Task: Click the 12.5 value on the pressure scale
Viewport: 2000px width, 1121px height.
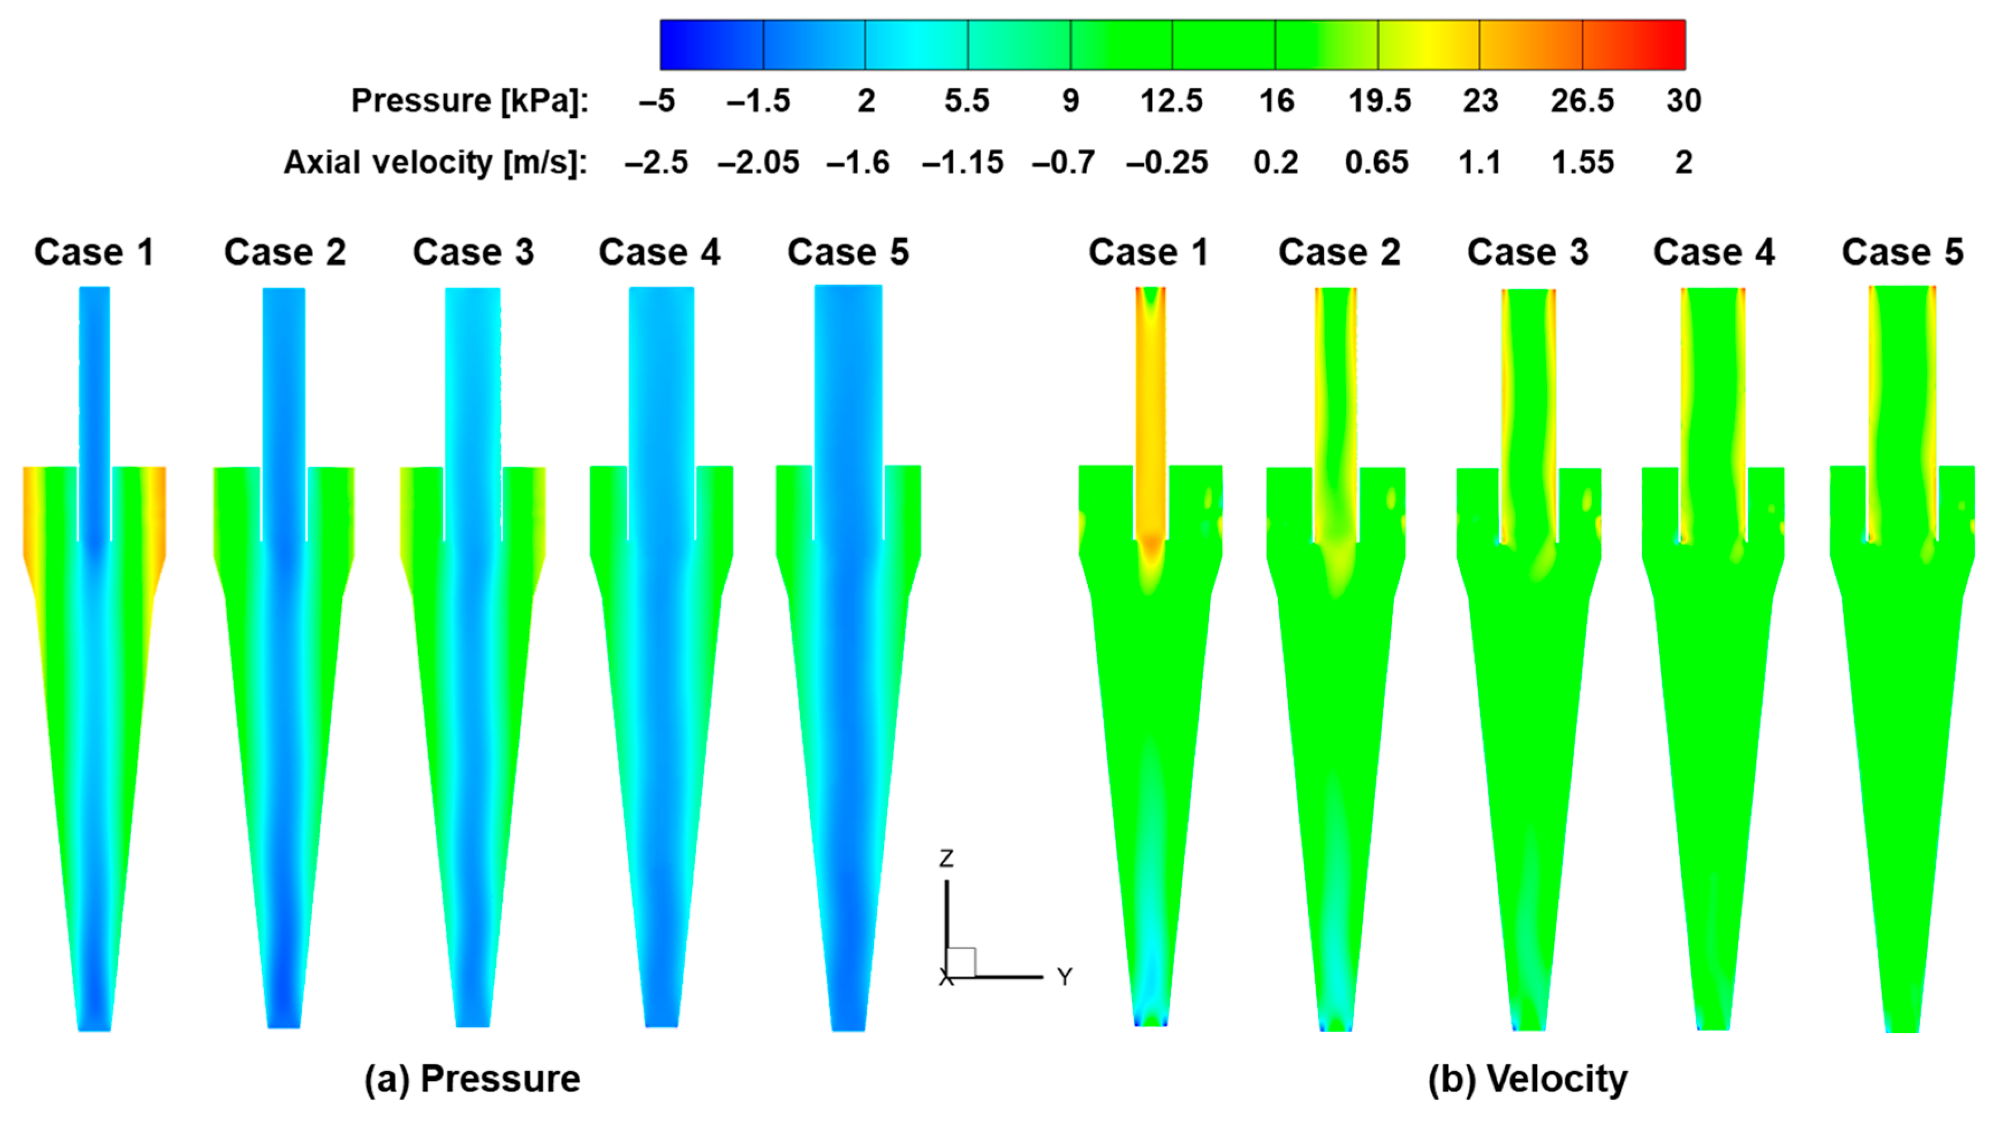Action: (x=1171, y=101)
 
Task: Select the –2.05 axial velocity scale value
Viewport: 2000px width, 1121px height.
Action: (x=758, y=163)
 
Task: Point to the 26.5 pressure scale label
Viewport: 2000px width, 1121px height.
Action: (x=1582, y=101)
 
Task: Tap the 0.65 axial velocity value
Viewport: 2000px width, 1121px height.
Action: (x=1376, y=163)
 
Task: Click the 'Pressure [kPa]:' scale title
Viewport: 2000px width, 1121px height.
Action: (x=470, y=101)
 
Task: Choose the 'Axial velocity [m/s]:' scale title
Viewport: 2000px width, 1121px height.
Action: (x=436, y=163)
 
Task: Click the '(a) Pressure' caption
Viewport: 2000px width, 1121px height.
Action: (x=472, y=1079)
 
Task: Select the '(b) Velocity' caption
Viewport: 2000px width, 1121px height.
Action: (x=1527, y=1079)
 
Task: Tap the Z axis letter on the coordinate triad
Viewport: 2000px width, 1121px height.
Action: (x=946, y=859)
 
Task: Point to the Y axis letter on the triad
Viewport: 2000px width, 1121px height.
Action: (x=1064, y=976)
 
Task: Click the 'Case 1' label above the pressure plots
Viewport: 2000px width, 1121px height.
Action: (x=94, y=252)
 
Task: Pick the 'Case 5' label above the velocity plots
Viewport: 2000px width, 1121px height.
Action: (x=1902, y=252)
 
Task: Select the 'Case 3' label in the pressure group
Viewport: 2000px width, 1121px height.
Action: (x=473, y=252)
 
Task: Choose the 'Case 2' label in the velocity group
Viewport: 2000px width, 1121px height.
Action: (x=1339, y=252)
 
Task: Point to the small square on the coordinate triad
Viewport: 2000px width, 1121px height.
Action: (x=961, y=962)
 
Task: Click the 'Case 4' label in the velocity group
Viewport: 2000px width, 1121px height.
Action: (x=1714, y=252)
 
